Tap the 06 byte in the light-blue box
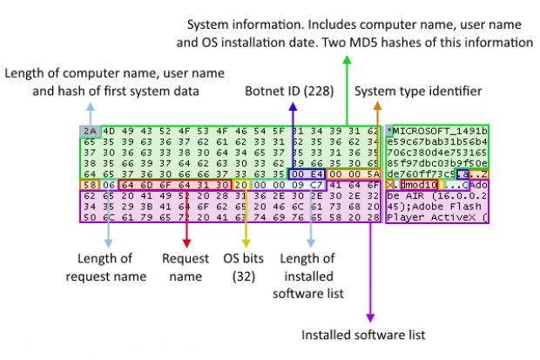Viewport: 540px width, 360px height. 106,185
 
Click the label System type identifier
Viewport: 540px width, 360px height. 417,91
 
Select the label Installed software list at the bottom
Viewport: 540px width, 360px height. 363,334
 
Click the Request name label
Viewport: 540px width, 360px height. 186,268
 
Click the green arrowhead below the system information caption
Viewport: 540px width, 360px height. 346,59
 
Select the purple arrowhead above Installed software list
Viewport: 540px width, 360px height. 370,313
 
